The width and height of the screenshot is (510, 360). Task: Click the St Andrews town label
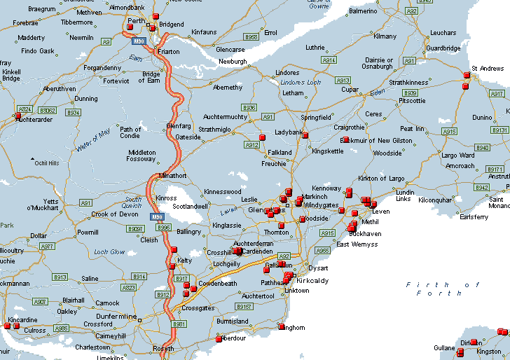tap(488, 69)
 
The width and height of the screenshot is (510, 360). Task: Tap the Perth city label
tap(136, 21)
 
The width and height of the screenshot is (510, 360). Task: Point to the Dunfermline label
tap(118, 317)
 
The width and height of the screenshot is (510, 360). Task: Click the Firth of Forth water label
tap(443, 289)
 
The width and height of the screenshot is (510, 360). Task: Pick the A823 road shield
tap(129, 287)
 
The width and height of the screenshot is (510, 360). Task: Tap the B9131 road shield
tap(500, 130)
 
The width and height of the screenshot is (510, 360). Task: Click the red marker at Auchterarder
tap(18, 116)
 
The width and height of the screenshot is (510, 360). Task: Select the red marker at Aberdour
tap(219, 339)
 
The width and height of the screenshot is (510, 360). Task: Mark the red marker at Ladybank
tap(305, 135)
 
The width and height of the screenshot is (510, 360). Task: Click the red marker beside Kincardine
tap(7, 326)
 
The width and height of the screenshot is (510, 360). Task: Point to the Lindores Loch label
tap(301, 83)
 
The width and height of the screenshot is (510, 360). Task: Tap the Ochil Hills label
tap(47, 162)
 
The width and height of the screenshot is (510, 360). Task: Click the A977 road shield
tap(48, 247)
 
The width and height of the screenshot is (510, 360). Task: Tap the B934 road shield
tap(74, 112)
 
